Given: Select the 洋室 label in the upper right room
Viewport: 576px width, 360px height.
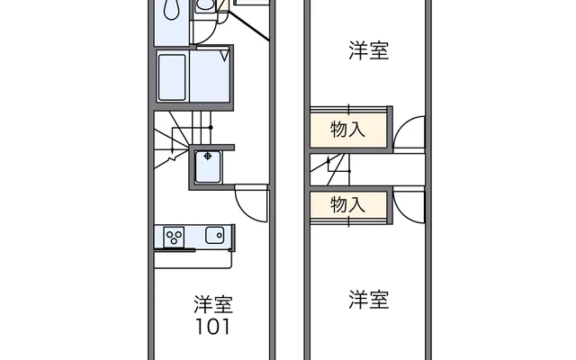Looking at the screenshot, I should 369,50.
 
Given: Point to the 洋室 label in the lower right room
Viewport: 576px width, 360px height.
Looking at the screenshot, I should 369,299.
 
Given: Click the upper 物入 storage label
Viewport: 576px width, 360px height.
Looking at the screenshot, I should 348,129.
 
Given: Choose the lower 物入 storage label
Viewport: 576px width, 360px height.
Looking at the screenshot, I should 348,204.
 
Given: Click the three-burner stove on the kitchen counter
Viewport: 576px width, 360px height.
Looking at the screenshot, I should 174,237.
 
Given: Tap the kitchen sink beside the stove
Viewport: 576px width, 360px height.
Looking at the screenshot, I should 215,236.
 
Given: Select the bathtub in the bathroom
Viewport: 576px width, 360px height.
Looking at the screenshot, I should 173,77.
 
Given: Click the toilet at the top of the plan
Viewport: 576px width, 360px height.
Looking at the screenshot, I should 205,6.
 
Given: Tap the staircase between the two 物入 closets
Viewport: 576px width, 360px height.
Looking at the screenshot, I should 337,166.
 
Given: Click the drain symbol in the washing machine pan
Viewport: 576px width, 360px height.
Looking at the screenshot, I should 209,157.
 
